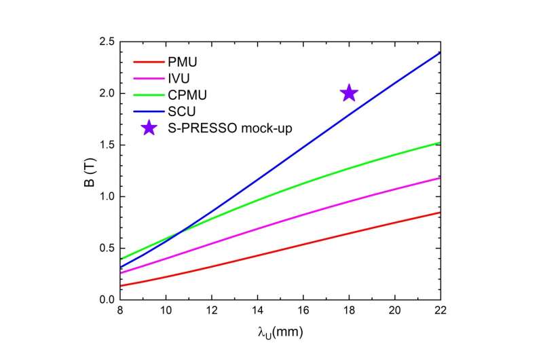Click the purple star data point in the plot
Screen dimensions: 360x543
(349, 93)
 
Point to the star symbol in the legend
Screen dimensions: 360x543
(148, 128)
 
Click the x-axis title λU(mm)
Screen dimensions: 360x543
(280, 335)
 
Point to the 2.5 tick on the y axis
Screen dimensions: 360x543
(104, 42)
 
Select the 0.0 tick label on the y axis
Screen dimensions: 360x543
(104, 300)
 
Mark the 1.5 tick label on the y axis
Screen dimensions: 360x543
(104, 145)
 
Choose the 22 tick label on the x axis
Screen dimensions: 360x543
(441, 312)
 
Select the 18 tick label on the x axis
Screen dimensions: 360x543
(349, 312)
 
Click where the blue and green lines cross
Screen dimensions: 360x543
(179, 234)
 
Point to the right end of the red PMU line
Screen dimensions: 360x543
(441, 212)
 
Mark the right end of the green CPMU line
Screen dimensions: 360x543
(441, 143)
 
